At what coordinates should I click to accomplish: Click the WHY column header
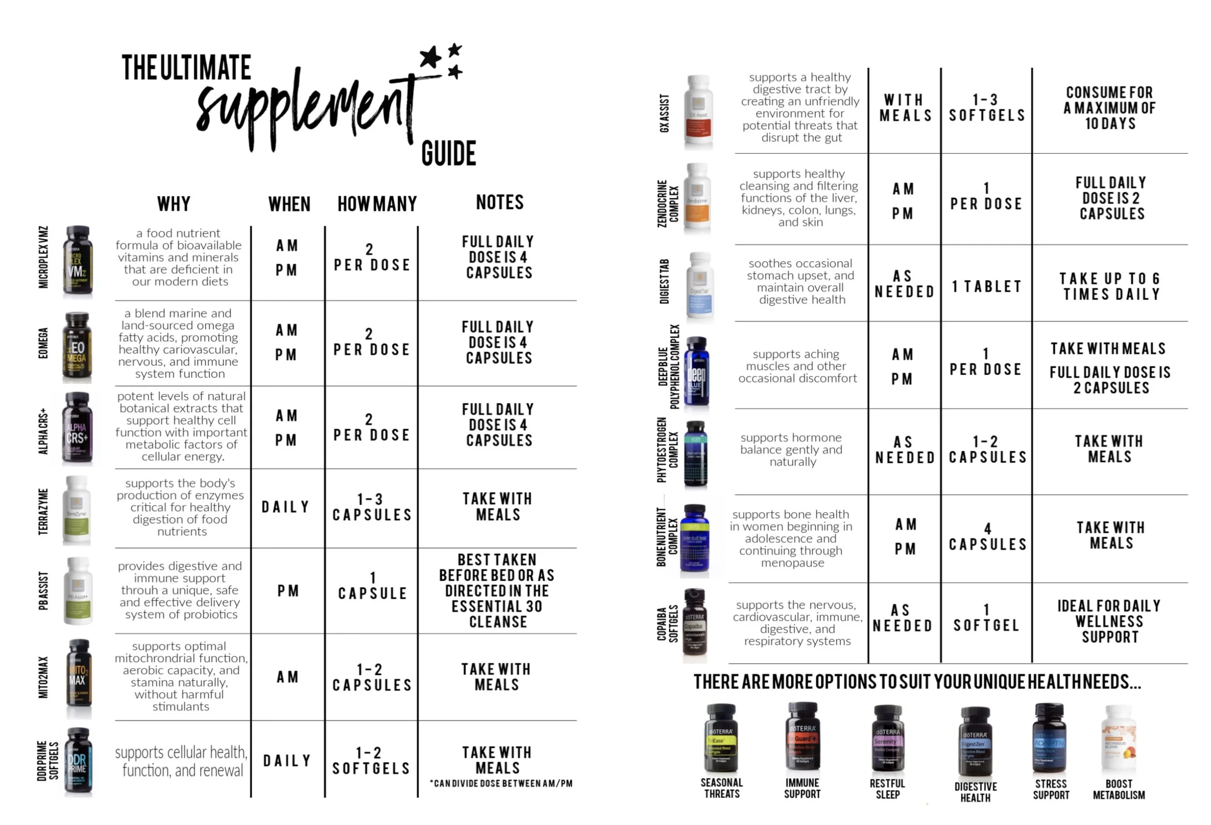pyautogui.click(x=174, y=204)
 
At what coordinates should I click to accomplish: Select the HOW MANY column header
pyautogui.click(x=377, y=204)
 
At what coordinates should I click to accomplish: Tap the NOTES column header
pyautogui.click(x=499, y=202)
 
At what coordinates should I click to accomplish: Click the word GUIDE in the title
pyautogui.click(x=448, y=154)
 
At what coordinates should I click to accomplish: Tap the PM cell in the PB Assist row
pyautogui.click(x=288, y=591)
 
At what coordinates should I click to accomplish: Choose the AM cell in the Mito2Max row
pyautogui.click(x=287, y=677)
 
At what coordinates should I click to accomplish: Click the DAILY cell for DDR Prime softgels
pyautogui.click(x=287, y=761)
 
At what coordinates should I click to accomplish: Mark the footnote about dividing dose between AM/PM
pyautogui.click(x=501, y=783)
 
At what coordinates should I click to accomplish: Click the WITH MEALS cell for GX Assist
pyautogui.click(x=905, y=108)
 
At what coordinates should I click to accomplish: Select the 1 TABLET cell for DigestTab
pyautogui.click(x=986, y=287)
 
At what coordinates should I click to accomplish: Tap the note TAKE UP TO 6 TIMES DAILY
pyautogui.click(x=1109, y=287)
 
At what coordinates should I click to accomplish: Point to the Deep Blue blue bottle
pyautogui.click(x=697, y=371)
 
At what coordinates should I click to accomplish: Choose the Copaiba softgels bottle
pyautogui.click(x=695, y=623)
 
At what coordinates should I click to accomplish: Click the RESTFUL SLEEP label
pyautogui.click(x=887, y=789)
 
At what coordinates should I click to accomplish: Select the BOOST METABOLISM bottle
pyautogui.click(x=1118, y=738)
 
